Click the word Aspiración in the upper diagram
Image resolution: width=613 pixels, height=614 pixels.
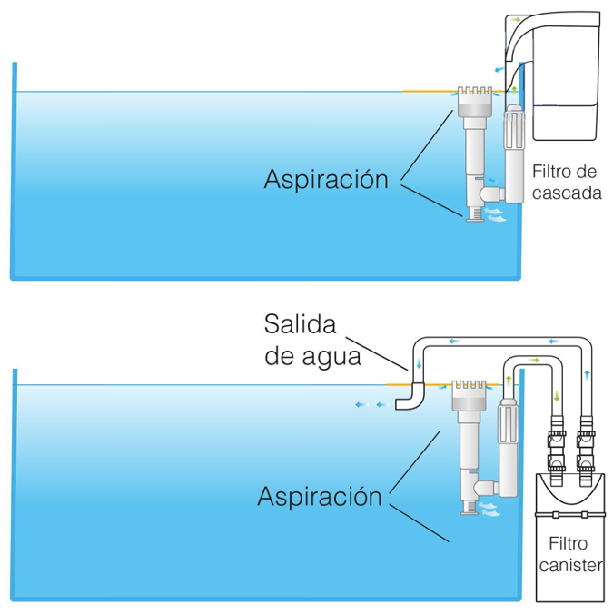coord(326,179)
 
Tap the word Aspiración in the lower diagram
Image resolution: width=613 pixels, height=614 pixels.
coord(320,497)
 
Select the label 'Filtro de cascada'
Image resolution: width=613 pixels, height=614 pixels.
coord(567,181)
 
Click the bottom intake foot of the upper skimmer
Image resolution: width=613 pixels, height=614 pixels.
coord(472,213)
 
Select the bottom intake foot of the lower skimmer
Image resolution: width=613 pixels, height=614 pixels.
coord(470,507)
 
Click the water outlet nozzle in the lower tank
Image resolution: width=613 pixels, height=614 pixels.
coord(409,398)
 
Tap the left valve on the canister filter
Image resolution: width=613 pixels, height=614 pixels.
coord(556,449)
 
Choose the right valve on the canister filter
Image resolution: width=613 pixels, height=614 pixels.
coord(586,449)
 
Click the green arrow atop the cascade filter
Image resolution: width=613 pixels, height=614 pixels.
coord(516,18)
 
